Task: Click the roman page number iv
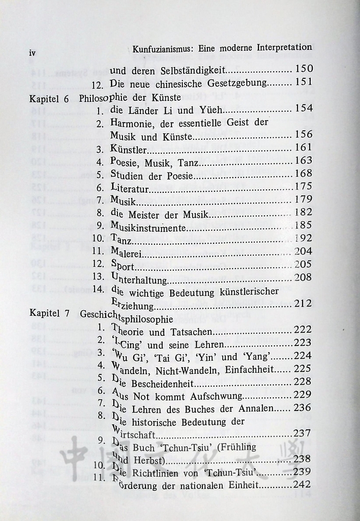[33, 52]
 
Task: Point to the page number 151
[304, 82]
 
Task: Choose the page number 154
[304, 109]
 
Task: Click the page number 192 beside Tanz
[304, 239]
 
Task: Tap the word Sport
[123, 265]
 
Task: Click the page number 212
[304, 304]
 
